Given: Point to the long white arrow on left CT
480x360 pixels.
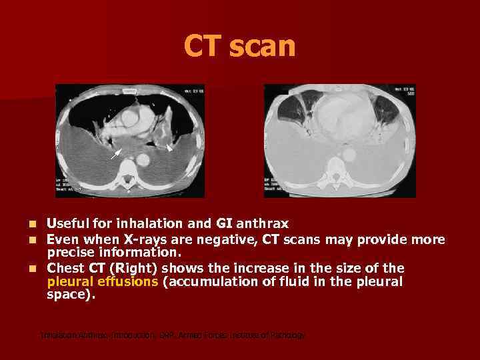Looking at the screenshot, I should pyautogui.click(x=116, y=153).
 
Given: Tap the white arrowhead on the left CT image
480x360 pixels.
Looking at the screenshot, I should pyautogui.click(x=169, y=148).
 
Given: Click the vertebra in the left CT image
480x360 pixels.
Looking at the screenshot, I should pyautogui.click(x=126, y=177).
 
